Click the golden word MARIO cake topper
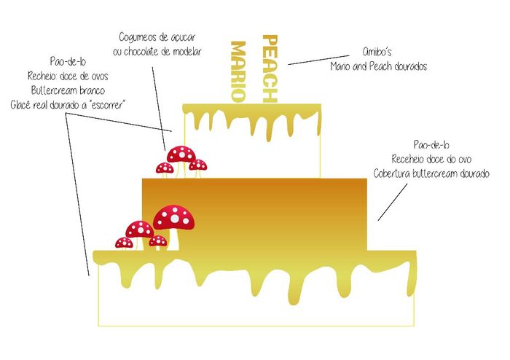click(x=238, y=71)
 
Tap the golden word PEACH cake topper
click(x=270, y=69)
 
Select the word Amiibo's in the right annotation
click(x=377, y=52)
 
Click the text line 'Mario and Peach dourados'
click(x=379, y=66)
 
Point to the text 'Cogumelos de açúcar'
click(x=157, y=37)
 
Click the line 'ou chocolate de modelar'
click(x=157, y=52)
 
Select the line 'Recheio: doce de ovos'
click(x=68, y=76)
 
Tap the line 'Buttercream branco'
click(x=68, y=90)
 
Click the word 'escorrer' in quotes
click(x=108, y=105)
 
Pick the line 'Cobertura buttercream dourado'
click(x=431, y=173)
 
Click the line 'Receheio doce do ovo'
click(x=431, y=159)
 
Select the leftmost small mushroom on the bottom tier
click(x=125, y=243)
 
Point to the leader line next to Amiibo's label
click(x=318, y=60)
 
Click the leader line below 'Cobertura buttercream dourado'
click(x=392, y=203)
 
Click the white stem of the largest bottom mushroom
click(x=174, y=240)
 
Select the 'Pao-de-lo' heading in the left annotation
click(x=68, y=61)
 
